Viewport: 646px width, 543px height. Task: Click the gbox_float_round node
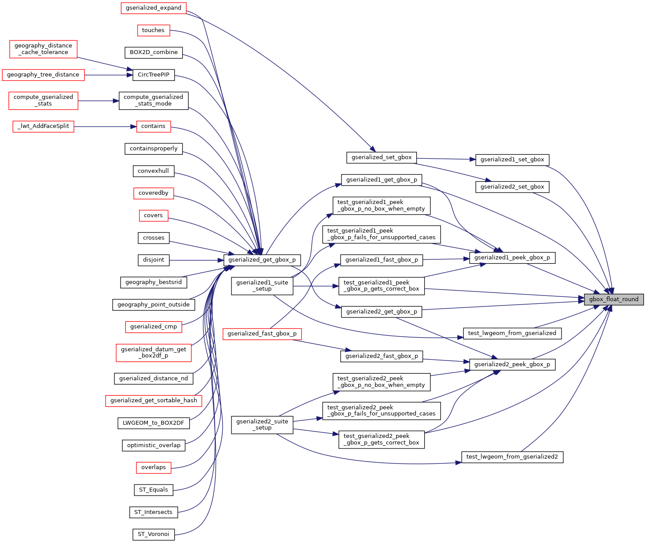[613, 299]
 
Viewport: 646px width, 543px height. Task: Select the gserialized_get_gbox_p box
[262, 260]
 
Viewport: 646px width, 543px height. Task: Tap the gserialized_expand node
[154, 8]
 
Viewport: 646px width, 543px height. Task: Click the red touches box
[154, 30]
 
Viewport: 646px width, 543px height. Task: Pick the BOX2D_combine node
[154, 53]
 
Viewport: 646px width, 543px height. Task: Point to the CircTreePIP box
[154, 75]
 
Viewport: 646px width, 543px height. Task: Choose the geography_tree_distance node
[43, 75]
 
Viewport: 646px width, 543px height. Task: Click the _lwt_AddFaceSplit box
[43, 127]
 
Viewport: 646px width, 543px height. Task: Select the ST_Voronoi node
[154, 534]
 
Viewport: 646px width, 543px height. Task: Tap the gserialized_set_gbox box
[382, 157]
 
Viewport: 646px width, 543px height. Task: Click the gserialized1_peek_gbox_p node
[512, 258]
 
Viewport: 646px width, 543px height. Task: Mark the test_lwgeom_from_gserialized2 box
[512, 457]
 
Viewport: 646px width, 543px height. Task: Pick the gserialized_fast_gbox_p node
[262, 334]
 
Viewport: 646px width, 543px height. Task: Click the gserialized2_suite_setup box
[262, 425]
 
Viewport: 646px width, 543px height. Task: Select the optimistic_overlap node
[154, 445]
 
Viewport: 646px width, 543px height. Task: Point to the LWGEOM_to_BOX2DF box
[154, 423]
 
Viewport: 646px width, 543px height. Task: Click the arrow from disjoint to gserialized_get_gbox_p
[196, 260]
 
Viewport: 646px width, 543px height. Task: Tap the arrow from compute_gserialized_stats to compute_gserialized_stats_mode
[99, 101]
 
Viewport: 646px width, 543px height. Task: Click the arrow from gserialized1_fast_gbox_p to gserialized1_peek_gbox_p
[446, 259]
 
